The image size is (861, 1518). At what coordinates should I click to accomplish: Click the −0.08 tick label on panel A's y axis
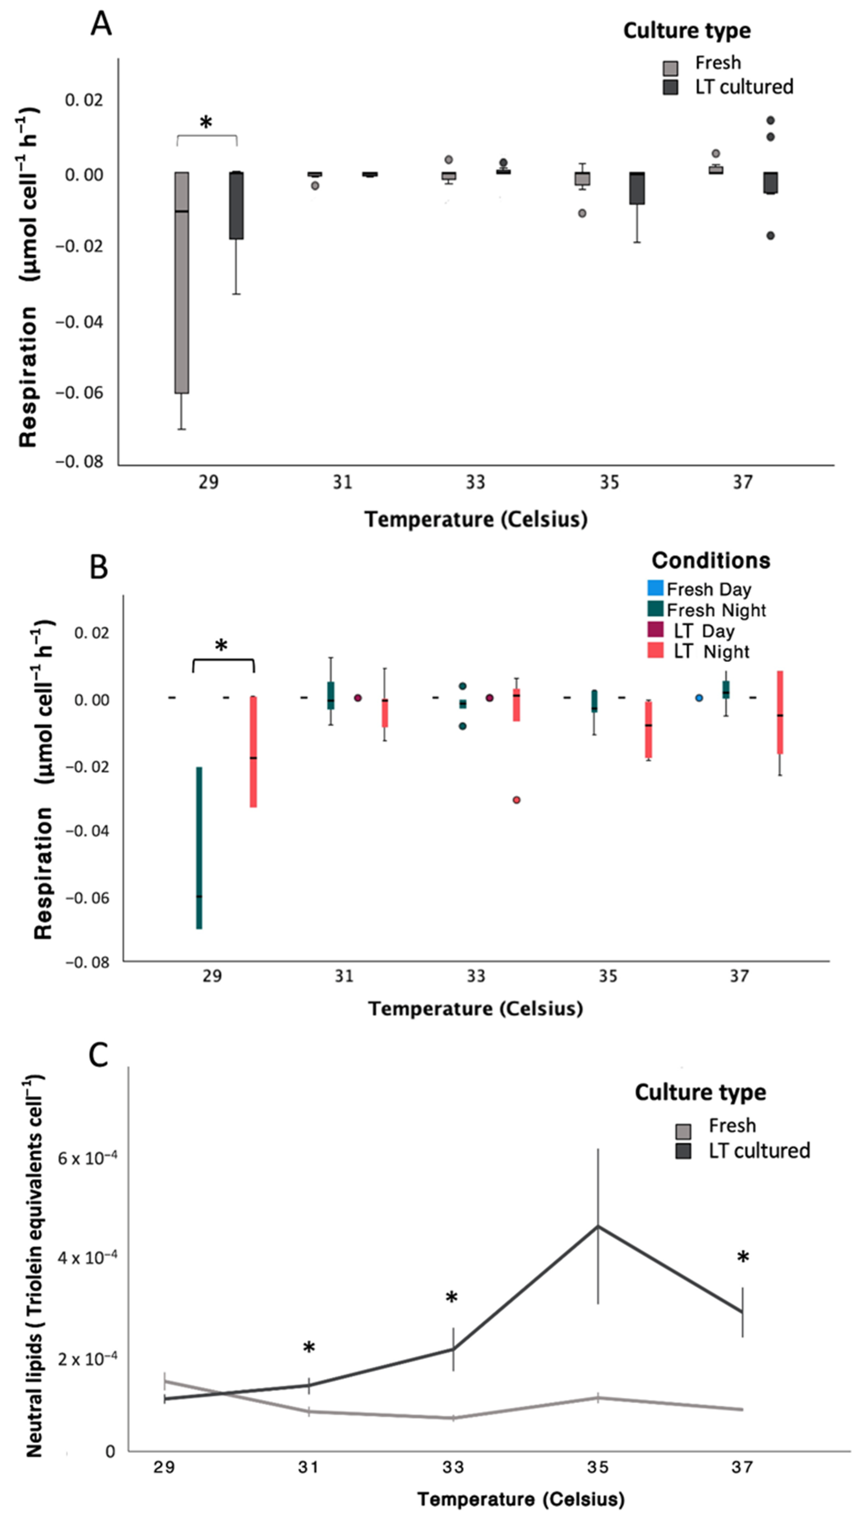(x=79, y=462)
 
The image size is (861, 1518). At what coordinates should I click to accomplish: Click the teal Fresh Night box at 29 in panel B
(x=199, y=848)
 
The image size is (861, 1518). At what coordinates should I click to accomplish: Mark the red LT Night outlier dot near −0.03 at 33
(x=516, y=800)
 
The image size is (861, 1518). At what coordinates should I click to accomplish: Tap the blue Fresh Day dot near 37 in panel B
(x=699, y=698)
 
